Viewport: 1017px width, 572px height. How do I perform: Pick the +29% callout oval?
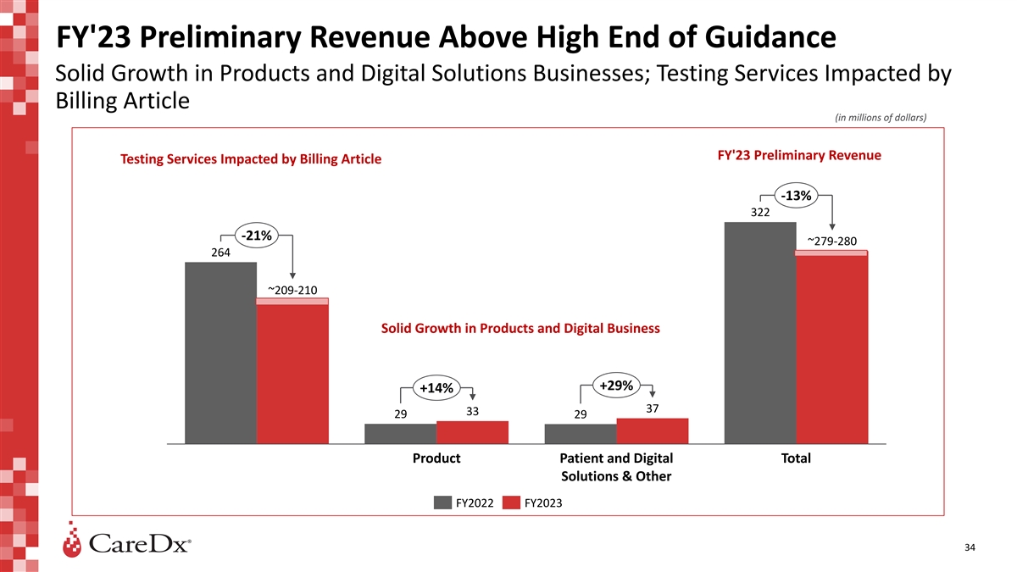coord(616,386)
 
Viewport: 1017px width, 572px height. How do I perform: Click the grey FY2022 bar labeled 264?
coord(220,353)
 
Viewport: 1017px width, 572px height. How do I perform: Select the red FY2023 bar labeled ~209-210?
coord(292,373)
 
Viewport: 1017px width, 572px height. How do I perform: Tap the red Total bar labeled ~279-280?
coord(832,347)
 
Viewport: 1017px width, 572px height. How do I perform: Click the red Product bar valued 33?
coord(472,432)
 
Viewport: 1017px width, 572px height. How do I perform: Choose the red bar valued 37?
coord(653,430)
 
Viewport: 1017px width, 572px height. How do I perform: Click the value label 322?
coord(760,213)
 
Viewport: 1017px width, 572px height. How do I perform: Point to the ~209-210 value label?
coord(292,291)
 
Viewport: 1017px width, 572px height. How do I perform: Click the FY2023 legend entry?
coord(532,503)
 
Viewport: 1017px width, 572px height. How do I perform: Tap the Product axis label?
coord(436,458)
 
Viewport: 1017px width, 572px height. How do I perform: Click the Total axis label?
coord(796,458)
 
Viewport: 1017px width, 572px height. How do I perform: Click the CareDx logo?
coord(127,542)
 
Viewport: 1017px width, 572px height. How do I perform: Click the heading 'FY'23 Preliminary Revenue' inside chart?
coord(798,156)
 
